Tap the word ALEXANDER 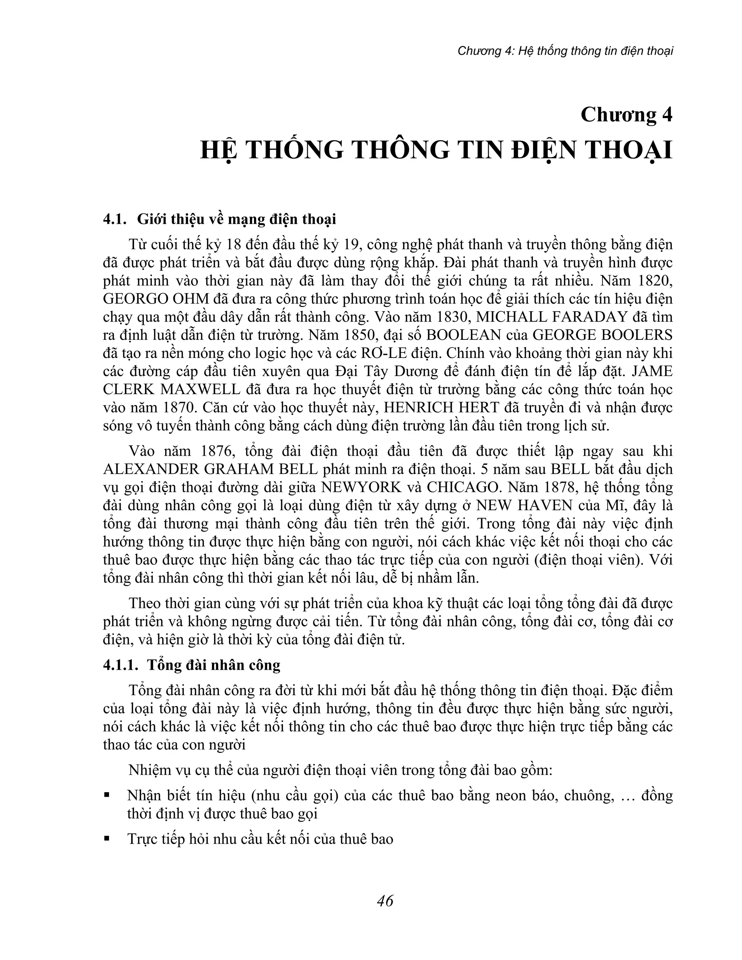point(150,469)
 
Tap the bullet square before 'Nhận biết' point(107,795)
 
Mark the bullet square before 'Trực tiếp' point(107,839)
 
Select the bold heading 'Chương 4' point(626,115)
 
